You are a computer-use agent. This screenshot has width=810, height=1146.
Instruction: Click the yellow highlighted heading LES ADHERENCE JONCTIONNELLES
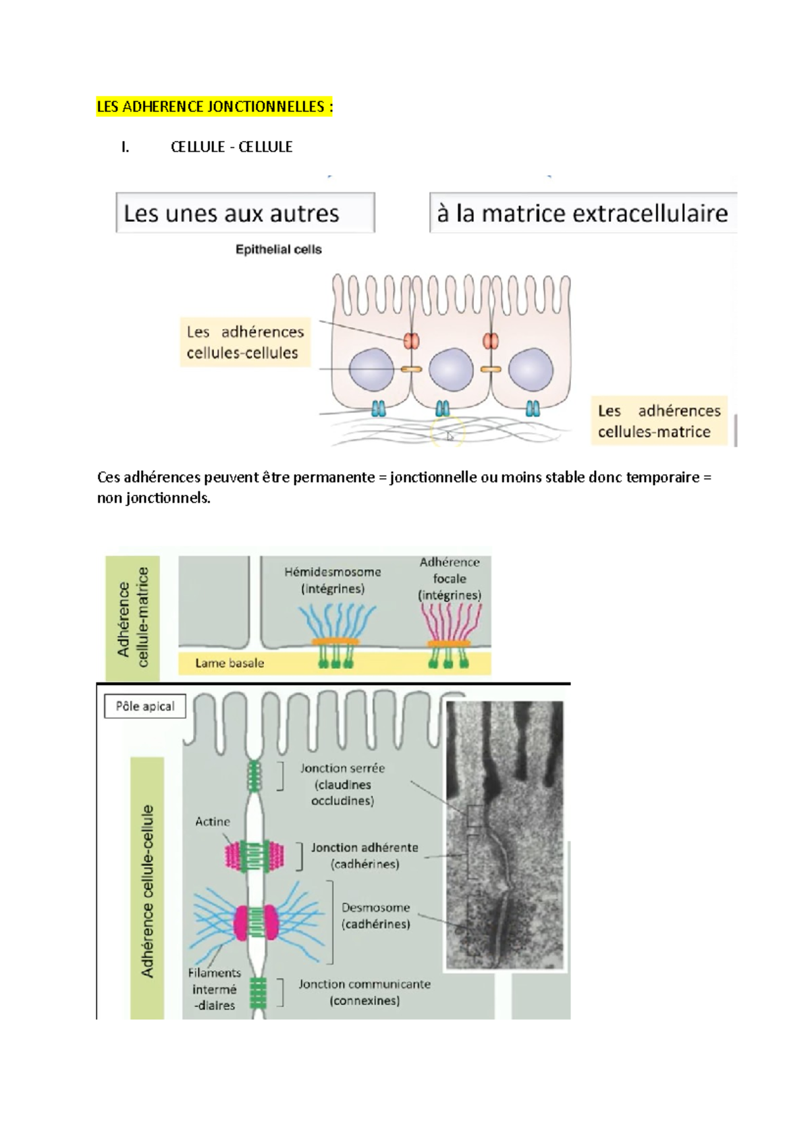[215, 107]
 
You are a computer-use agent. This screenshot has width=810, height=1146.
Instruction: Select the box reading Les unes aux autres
[245, 213]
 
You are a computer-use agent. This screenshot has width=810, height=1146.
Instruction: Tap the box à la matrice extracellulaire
[582, 213]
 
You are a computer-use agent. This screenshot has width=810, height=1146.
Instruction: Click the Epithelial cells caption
[278, 250]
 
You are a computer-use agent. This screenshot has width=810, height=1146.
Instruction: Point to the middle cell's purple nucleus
[451, 370]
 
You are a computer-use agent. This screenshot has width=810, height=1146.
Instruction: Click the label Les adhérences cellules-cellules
[244, 342]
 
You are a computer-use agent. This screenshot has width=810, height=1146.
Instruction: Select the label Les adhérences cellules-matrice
[659, 421]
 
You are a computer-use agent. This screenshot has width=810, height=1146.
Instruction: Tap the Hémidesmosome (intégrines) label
[332, 580]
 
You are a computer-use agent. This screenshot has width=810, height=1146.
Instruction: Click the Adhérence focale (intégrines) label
[450, 578]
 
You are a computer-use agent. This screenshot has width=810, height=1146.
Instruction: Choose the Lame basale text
[230, 663]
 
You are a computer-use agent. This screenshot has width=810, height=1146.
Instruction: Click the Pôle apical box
[144, 706]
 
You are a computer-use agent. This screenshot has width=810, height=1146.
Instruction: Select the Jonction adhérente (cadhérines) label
[364, 855]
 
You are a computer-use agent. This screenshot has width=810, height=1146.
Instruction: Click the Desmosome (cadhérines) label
[375, 915]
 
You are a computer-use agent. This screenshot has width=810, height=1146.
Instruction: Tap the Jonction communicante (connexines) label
[364, 992]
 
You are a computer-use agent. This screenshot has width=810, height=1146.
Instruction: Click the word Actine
[212, 821]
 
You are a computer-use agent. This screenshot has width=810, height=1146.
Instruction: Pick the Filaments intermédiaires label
[214, 989]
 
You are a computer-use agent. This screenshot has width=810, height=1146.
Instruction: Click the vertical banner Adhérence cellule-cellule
[147, 891]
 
